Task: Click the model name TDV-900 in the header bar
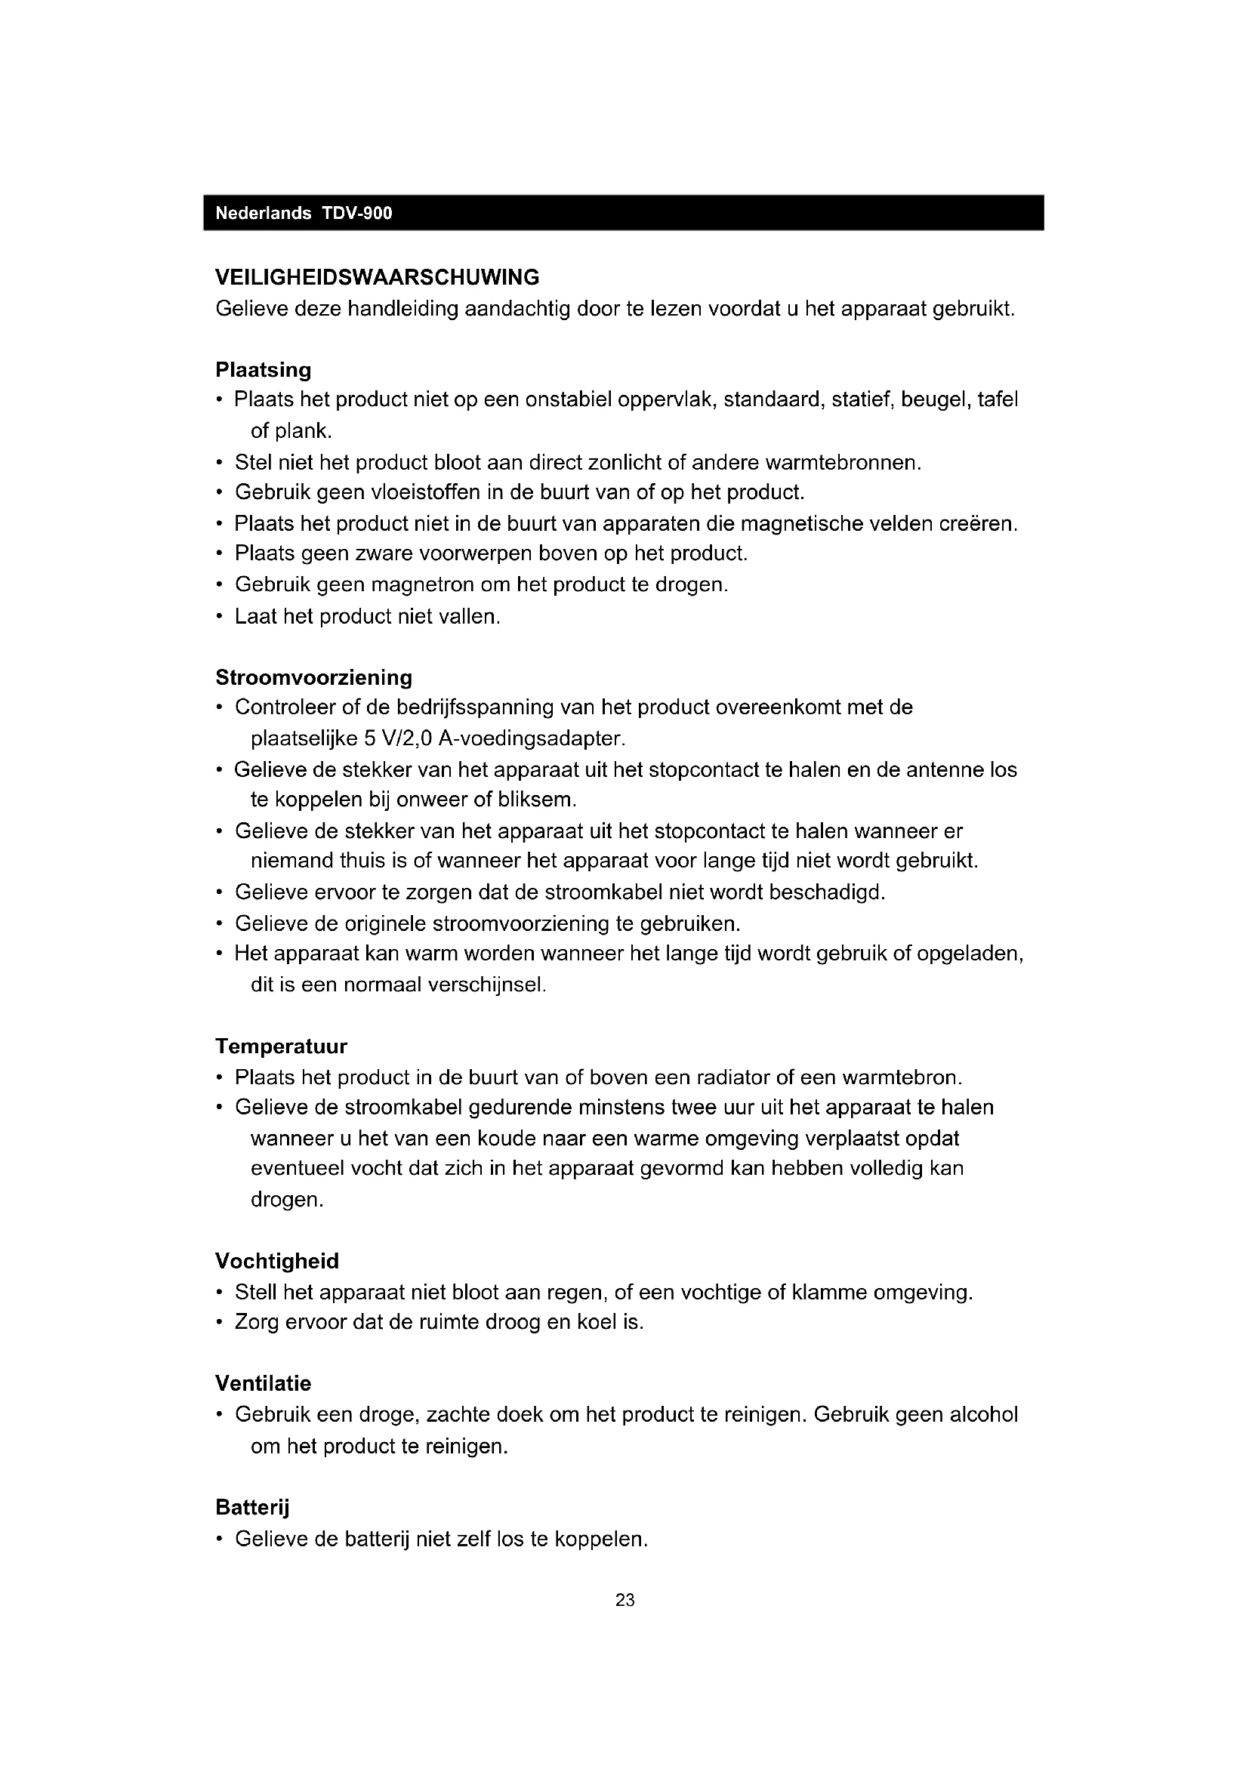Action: pyautogui.click(x=357, y=213)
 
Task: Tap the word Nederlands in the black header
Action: pyautogui.click(x=263, y=213)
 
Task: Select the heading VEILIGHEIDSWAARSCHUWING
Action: pyautogui.click(x=377, y=277)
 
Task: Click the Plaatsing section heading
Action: pyautogui.click(x=263, y=370)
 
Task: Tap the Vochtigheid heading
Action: pyautogui.click(x=277, y=1262)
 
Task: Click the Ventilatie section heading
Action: pyautogui.click(x=263, y=1384)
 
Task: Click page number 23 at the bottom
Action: pyautogui.click(x=624, y=1600)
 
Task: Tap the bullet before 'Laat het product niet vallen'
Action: pyautogui.click(x=220, y=617)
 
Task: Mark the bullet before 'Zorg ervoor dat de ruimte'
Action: pyautogui.click(x=220, y=1323)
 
